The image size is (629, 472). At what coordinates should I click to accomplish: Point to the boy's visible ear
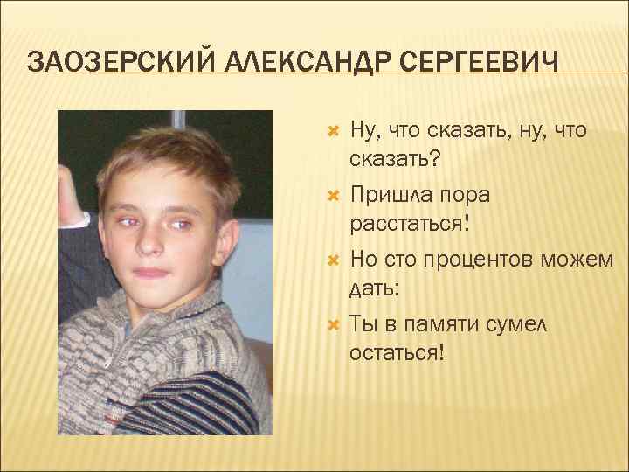click(x=227, y=219)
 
